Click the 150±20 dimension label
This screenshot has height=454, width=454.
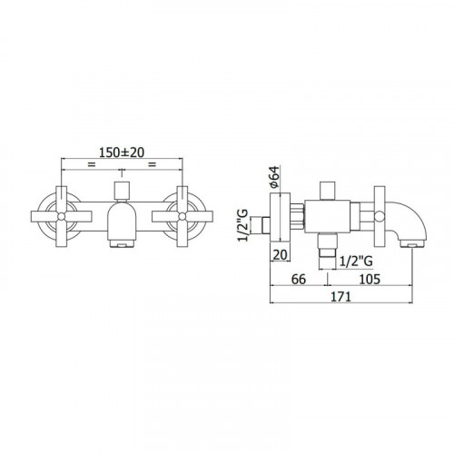point(122,153)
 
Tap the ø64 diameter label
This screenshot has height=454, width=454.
point(274,177)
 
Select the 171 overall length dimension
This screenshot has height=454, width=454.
point(340,297)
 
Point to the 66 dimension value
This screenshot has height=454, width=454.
point(299,279)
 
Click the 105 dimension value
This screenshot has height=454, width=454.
point(370,279)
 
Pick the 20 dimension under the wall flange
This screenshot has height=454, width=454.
point(280,255)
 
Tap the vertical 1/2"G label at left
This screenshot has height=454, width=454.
point(243,225)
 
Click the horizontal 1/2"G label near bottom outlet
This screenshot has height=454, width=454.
point(356,261)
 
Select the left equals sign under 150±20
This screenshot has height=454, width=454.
point(91,164)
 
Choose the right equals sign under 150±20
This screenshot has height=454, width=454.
point(152,164)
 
